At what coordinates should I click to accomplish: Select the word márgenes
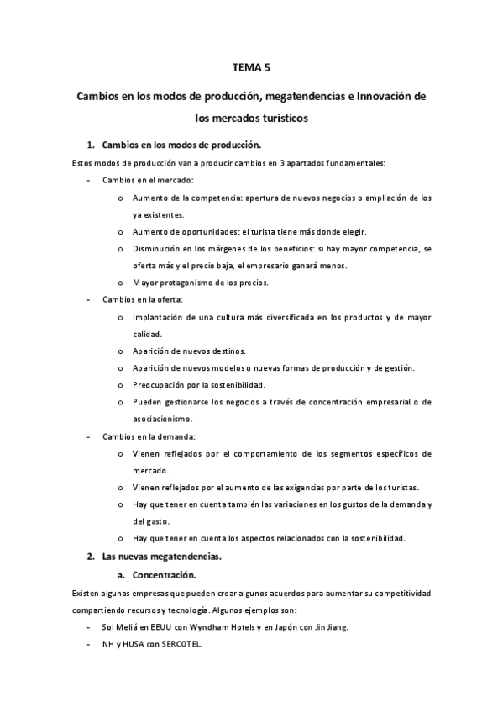(233, 249)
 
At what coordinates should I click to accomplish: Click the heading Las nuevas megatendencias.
(155, 557)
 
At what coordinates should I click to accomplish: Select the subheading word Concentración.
(165, 575)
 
